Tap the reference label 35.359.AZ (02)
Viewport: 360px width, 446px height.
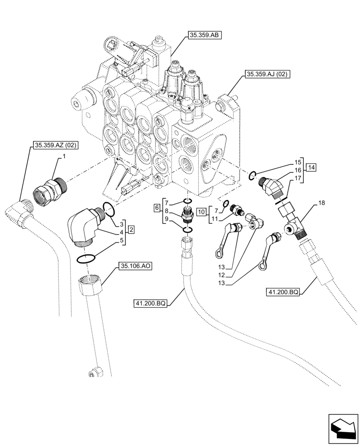coord(54,145)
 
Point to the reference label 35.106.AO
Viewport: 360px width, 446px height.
coord(135,266)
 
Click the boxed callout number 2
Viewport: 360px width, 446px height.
coord(132,230)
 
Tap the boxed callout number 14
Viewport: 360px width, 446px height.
coord(311,167)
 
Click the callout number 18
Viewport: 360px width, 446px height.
coord(322,203)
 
